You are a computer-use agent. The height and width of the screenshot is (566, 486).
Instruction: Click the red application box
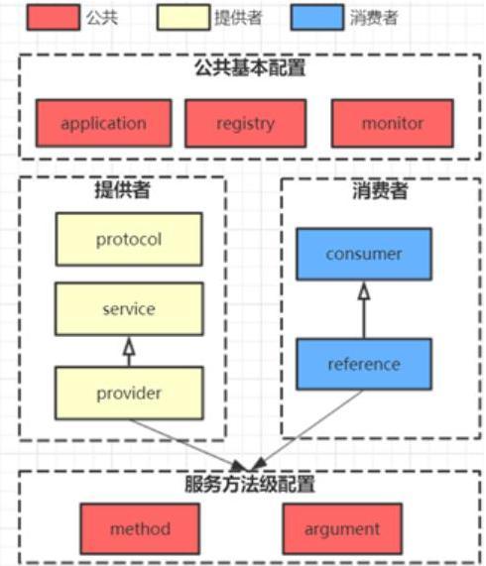pos(103,124)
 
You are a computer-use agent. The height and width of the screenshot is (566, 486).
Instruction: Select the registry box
pos(245,124)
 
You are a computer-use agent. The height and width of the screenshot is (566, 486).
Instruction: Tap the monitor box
pos(392,124)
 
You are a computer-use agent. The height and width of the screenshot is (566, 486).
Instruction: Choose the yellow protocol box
pos(129,240)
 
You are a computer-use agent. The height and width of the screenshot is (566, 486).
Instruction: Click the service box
pos(129,308)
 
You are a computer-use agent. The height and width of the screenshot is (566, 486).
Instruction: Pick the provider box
pos(129,393)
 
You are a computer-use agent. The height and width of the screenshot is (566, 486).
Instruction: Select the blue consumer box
pos(364,254)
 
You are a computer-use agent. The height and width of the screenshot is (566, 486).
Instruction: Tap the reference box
pos(364,364)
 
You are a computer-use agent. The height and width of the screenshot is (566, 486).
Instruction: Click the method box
pos(140,527)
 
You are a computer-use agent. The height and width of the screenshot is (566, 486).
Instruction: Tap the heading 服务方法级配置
pos(249,485)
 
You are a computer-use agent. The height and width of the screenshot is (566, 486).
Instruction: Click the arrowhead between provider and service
pos(129,344)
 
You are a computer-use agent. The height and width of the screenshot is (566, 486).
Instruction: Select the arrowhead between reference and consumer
pos(364,290)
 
